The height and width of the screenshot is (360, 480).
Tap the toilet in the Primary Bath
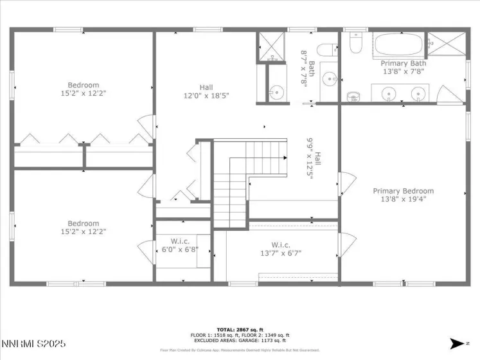pos(356,44)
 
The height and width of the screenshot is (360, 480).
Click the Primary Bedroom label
pos(403,191)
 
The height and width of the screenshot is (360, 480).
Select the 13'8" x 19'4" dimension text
pos(403,199)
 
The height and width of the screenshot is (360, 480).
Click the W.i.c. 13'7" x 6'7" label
pos(281,249)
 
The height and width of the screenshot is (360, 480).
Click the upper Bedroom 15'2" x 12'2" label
pos(84,89)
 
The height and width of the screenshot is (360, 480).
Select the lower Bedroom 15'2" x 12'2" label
pos(84,228)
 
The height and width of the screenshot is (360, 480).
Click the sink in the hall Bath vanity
pos(330,80)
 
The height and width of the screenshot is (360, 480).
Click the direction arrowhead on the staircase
pos(285,157)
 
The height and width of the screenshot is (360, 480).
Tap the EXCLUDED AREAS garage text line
pos(240,341)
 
